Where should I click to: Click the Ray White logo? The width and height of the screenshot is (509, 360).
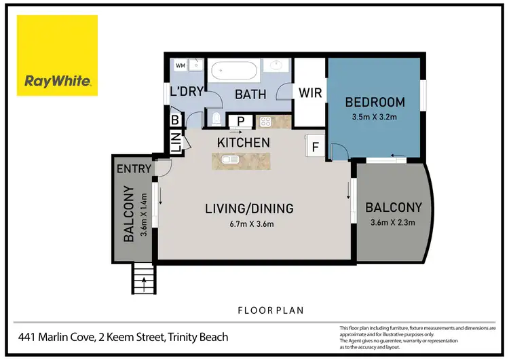[58, 56]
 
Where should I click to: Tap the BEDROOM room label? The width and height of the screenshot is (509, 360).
[375, 103]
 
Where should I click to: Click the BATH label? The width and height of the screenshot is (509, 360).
[250, 94]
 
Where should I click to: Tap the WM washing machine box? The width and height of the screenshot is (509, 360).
[181, 65]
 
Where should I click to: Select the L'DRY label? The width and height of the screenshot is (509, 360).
[187, 92]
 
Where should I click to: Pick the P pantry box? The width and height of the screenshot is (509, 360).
[240, 122]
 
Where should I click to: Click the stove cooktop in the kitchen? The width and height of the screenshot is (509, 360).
[263, 122]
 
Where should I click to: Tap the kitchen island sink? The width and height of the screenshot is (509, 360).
[227, 160]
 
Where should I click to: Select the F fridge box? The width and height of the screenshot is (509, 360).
[316, 146]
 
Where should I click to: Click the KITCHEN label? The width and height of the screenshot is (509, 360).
[243, 143]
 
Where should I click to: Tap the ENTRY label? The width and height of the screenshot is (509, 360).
[133, 169]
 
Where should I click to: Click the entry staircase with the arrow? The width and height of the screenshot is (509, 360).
[143, 279]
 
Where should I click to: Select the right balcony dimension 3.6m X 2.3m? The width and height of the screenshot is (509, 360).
[393, 221]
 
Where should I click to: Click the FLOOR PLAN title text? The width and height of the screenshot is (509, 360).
[269, 310]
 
